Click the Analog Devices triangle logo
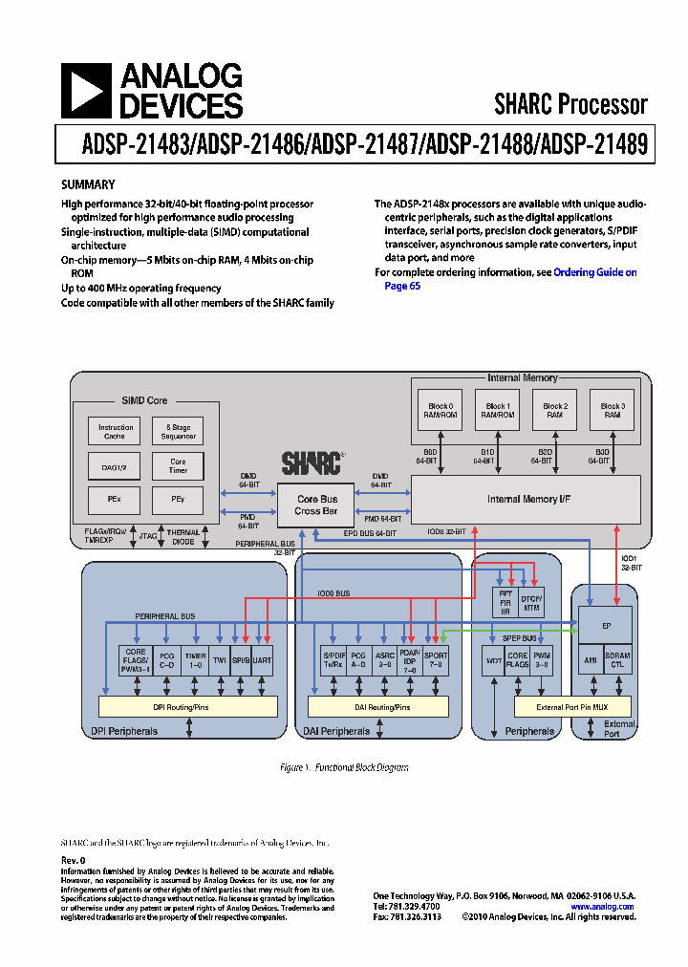86,91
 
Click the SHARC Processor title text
570,103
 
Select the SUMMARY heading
88,184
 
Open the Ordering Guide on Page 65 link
593,272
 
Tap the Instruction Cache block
116,432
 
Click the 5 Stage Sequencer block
179,432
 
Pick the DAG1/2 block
116,465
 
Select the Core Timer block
179,465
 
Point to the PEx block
116,499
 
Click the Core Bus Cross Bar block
316,505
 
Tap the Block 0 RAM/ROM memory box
438,411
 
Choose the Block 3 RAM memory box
613,411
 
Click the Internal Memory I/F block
525,499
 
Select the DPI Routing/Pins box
188,706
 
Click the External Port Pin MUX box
572,706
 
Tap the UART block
262,660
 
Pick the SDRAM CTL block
617,660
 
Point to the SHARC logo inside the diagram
312,463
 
